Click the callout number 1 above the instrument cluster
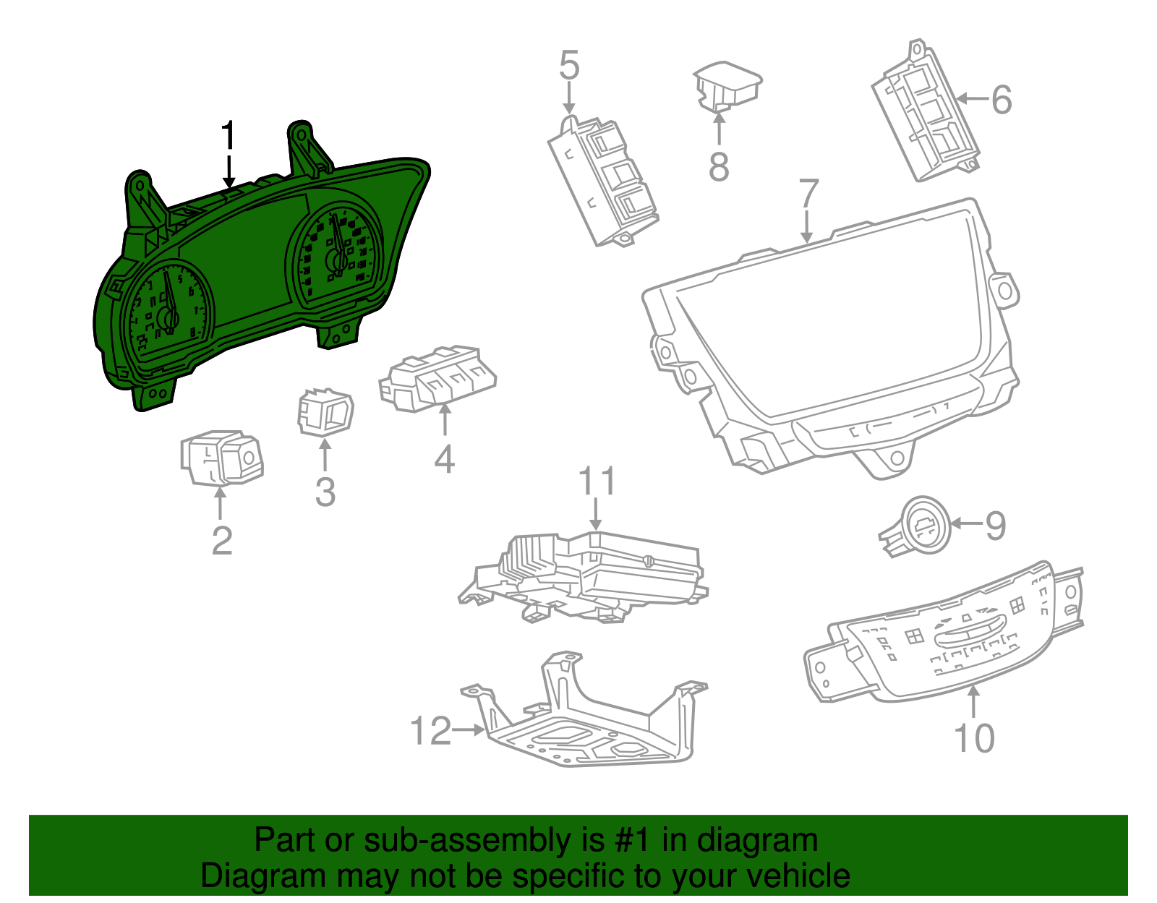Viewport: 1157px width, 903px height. [229, 137]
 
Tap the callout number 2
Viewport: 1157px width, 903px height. [222, 541]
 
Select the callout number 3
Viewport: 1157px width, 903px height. [325, 492]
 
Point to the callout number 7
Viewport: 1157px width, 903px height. [808, 194]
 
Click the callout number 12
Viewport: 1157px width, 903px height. [430, 731]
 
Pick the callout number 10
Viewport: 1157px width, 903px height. [974, 738]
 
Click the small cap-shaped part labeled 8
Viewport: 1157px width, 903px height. [727, 86]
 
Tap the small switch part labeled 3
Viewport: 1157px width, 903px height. [325, 413]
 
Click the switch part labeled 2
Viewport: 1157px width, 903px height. [221, 457]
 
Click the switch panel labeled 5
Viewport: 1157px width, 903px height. [605, 184]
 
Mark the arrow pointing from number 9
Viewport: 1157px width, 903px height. [966, 523]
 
